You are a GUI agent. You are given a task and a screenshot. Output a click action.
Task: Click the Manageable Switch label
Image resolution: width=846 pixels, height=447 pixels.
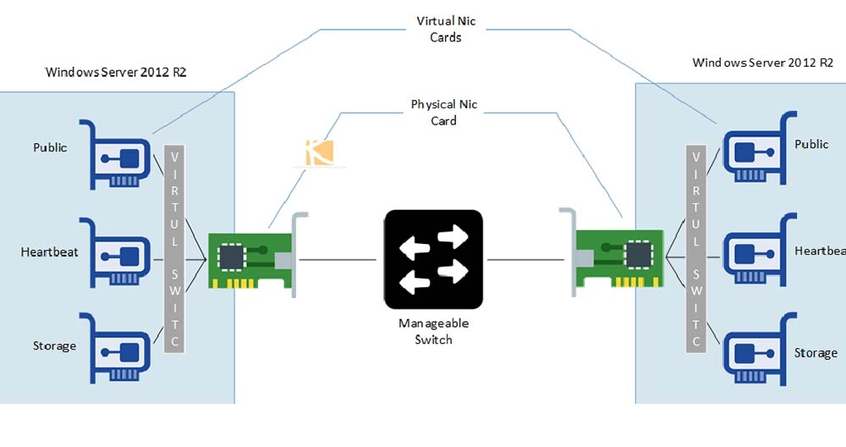433,331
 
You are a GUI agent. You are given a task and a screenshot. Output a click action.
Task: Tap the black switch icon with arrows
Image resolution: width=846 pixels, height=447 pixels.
433,259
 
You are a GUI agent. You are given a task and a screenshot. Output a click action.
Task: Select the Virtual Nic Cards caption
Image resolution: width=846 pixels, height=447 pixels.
439,28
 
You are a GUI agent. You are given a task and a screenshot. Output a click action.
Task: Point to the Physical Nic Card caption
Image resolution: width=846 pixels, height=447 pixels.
444,113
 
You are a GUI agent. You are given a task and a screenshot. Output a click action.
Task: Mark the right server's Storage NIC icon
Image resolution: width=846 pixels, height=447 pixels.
755,348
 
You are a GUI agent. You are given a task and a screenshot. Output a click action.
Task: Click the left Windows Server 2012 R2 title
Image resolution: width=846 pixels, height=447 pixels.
116,73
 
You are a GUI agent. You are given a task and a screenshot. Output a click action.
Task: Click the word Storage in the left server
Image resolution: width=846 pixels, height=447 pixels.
54,345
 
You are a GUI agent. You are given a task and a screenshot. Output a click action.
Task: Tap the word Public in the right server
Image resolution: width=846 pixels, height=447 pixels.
811,144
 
